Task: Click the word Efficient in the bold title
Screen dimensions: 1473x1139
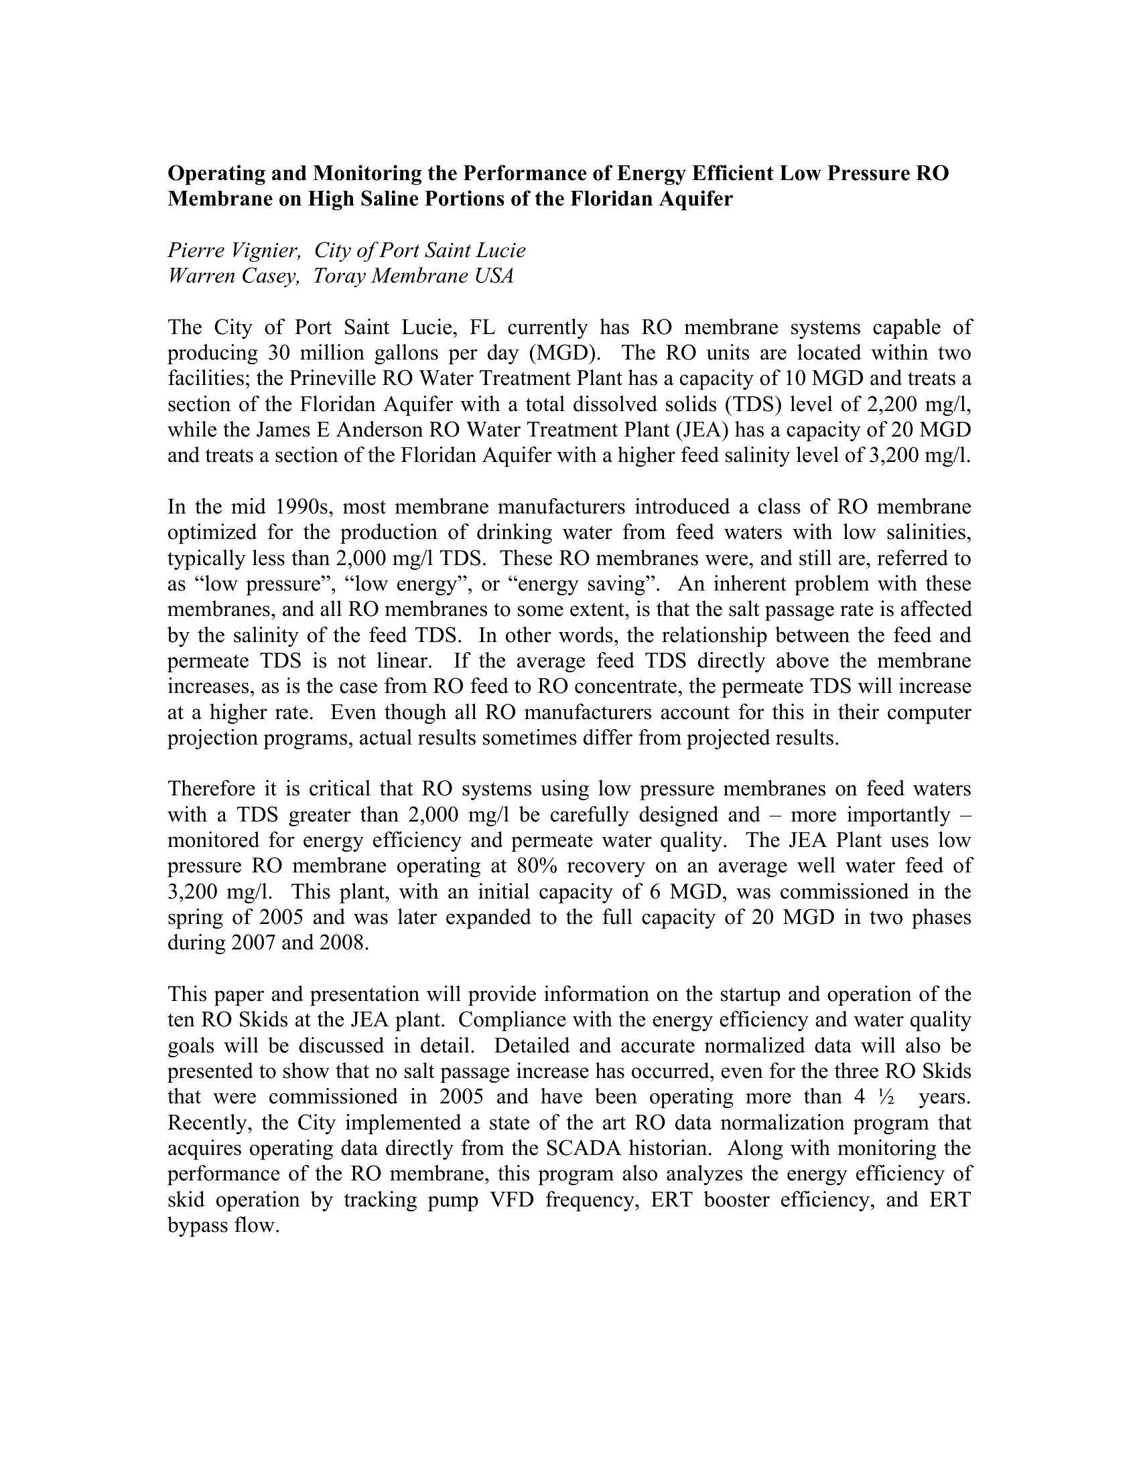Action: click(733, 173)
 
